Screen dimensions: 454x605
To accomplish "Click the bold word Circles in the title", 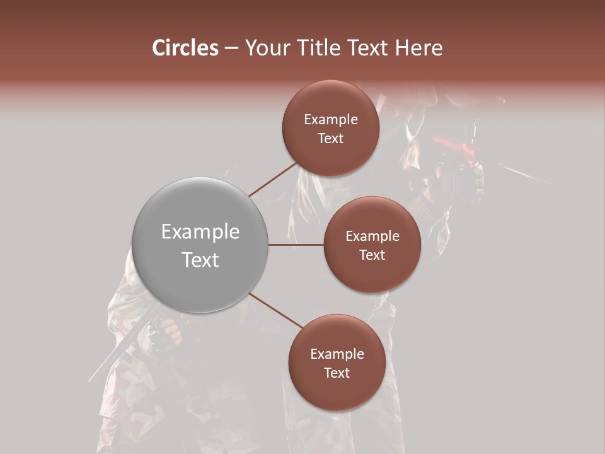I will click(185, 48).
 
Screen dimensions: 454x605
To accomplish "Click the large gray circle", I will click(200, 245).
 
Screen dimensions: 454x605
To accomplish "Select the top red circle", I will click(330, 129).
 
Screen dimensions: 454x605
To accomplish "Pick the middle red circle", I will click(372, 245).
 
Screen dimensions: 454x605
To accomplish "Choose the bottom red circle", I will click(337, 363).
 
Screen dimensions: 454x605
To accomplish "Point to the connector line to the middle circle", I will click(296, 245).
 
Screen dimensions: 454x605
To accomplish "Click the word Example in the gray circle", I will click(200, 232).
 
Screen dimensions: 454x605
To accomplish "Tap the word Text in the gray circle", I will click(200, 260).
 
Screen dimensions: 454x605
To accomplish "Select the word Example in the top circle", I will click(331, 120).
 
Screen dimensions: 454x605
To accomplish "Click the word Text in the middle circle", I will click(372, 255).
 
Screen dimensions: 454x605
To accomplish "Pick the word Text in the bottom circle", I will click(337, 373).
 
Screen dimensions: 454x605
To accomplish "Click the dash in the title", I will click(231, 48).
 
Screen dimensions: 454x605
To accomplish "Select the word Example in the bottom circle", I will click(337, 354).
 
